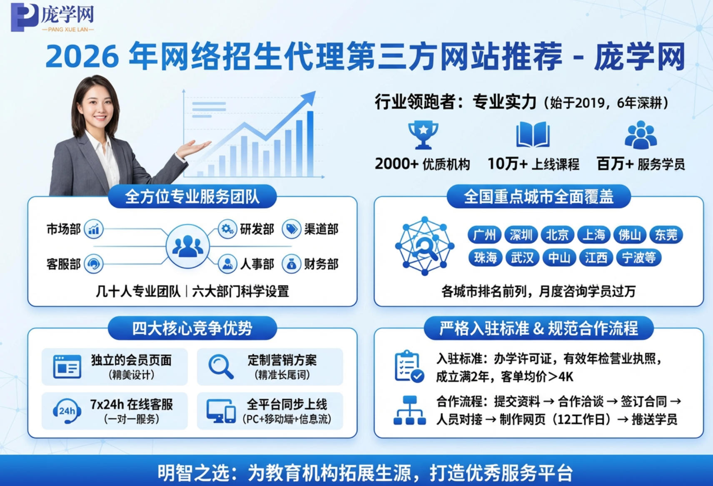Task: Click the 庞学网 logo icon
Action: pos(24,17)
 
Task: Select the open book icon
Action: pos(533,135)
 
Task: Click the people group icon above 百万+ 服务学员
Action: pos(641,135)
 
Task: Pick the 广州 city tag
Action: pos(484,235)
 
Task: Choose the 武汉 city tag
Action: pos(522,258)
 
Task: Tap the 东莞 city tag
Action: pos(666,235)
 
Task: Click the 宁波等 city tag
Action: pos(638,258)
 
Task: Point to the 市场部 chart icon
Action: pos(94,229)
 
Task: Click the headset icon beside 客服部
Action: pos(94,264)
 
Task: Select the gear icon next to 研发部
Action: pos(227,229)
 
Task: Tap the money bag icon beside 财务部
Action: pos(292,264)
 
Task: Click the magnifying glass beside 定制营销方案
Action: pos(221,367)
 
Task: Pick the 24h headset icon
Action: pos(67,411)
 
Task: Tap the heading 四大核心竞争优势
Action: pos(192,328)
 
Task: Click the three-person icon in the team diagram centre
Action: pos(187,246)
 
